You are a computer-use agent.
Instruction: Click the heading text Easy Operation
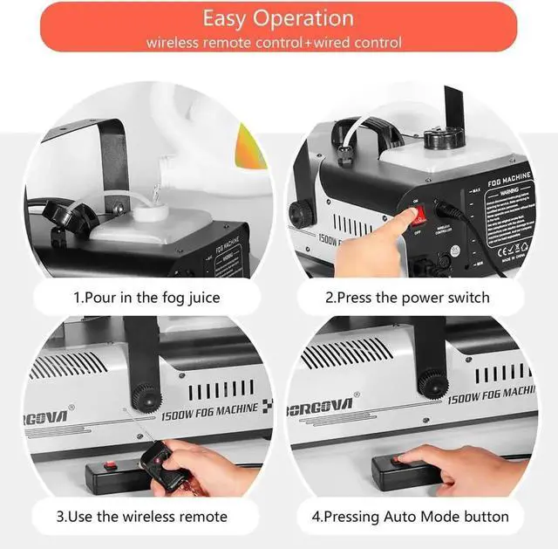click(x=278, y=18)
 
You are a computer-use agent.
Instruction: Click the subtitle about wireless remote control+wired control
click(x=274, y=42)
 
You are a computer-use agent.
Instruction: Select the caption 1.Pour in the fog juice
click(x=146, y=298)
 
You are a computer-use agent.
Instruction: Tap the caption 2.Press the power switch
click(x=407, y=298)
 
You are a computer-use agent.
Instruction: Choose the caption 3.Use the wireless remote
click(x=142, y=516)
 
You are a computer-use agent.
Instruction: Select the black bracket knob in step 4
click(x=428, y=380)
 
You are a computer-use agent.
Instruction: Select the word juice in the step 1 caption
click(x=201, y=298)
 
